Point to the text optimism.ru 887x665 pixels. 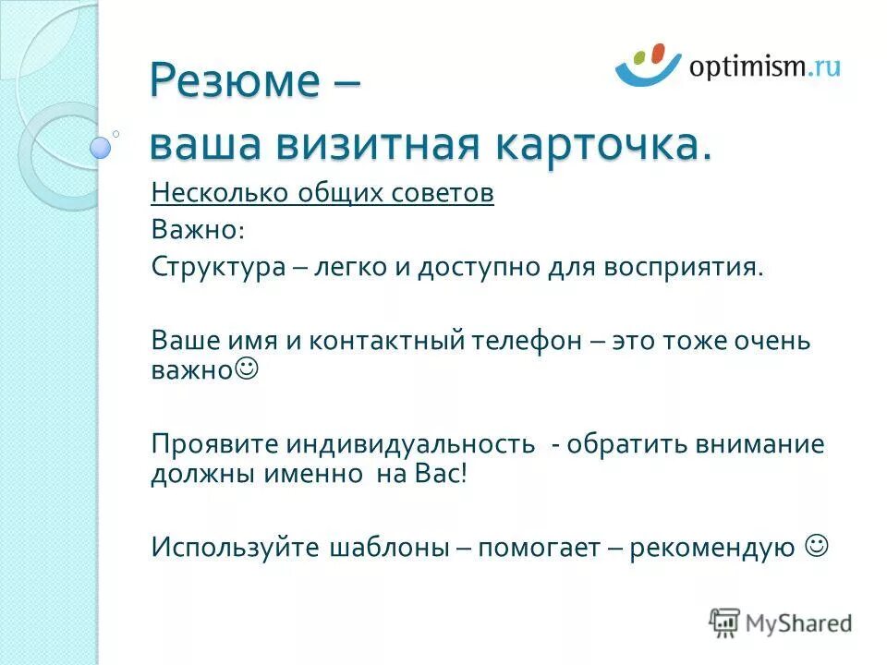(763, 66)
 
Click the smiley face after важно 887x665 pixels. (248, 369)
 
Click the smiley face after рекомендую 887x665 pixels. (816, 547)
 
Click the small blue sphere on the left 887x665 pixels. (101, 146)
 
